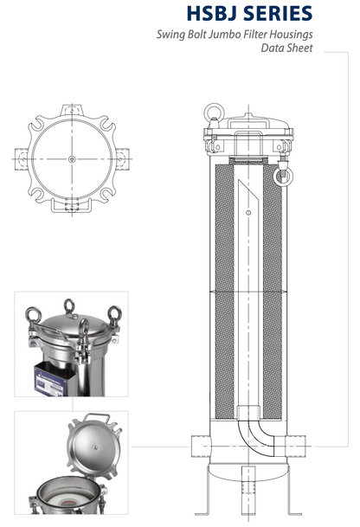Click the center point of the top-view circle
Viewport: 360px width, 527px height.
point(71,157)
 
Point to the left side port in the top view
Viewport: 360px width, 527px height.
point(20,157)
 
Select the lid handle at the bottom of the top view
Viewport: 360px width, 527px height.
point(71,208)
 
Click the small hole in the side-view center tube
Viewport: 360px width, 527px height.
point(247,213)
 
